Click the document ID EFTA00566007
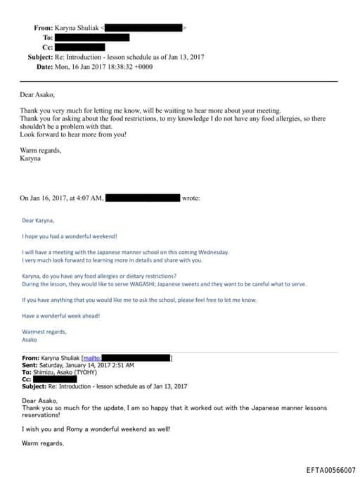tap(330, 469)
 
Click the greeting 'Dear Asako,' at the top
tap(39, 94)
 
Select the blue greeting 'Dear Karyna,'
tap(39, 220)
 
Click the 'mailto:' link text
tap(92, 358)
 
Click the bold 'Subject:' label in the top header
tap(44, 56)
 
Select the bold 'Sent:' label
tap(31, 365)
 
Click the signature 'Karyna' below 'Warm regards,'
tap(32, 159)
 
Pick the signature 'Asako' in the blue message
tap(30, 340)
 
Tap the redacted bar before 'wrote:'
tap(143, 198)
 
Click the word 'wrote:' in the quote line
tap(191, 198)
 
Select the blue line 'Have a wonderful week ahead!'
tap(60, 316)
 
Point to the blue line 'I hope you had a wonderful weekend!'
tap(69, 236)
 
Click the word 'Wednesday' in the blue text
tap(213, 253)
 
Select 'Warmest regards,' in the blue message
tap(44, 332)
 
